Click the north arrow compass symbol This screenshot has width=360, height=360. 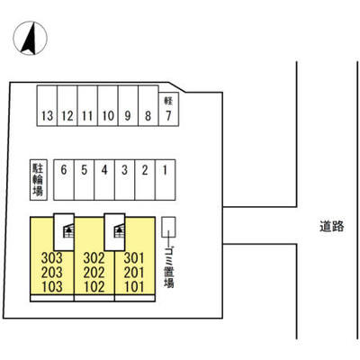(31, 38)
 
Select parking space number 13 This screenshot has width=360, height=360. (47, 105)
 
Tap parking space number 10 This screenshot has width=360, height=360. (108, 105)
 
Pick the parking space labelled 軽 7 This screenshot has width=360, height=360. (168, 109)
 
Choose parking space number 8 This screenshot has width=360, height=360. (148, 105)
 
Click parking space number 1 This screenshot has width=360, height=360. (166, 179)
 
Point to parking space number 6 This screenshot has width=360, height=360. (64, 179)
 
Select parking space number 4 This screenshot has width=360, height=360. (104, 179)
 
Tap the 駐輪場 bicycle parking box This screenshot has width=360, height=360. (39, 179)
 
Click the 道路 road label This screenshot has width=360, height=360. (331, 226)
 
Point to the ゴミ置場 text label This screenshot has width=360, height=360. (169, 266)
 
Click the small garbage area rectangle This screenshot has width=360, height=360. (168, 228)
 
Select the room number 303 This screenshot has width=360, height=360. (52, 257)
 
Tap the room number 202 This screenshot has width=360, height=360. (94, 273)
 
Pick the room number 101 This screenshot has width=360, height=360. (134, 287)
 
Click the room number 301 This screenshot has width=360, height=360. (134, 257)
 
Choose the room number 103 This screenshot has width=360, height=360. (52, 287)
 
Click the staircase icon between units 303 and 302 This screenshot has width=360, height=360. (68, 230)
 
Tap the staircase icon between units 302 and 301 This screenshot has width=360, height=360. (119, 230)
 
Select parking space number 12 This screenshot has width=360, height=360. (67, 105)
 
